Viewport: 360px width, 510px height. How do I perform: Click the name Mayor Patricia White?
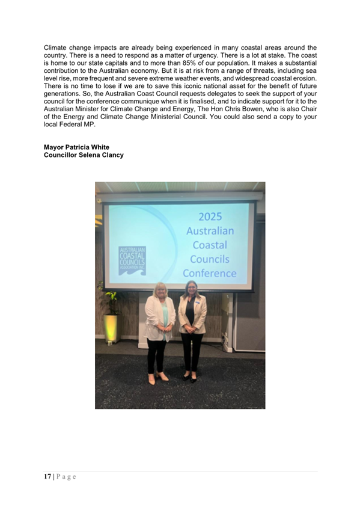point(76,147)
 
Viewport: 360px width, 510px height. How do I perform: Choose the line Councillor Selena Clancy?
point(84,155)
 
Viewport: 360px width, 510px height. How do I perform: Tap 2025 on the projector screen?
point(210,217)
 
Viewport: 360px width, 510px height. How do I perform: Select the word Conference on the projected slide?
point(210,273)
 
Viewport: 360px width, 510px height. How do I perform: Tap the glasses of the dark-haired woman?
point(191,287)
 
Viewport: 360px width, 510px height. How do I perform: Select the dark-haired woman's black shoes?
point(189,378)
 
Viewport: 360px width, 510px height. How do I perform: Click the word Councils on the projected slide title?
point(210,259)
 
